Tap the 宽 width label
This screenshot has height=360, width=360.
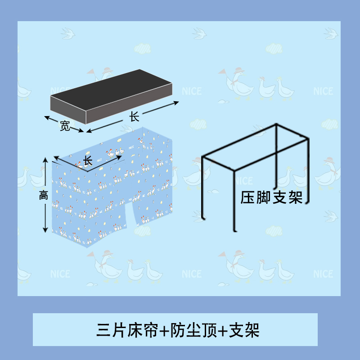[65, 127]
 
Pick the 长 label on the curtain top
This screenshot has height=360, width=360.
[87, 161]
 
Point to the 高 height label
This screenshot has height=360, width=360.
[43, 195]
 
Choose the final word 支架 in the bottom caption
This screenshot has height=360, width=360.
[244, 331]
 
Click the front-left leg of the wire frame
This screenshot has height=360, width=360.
[203, 189]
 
